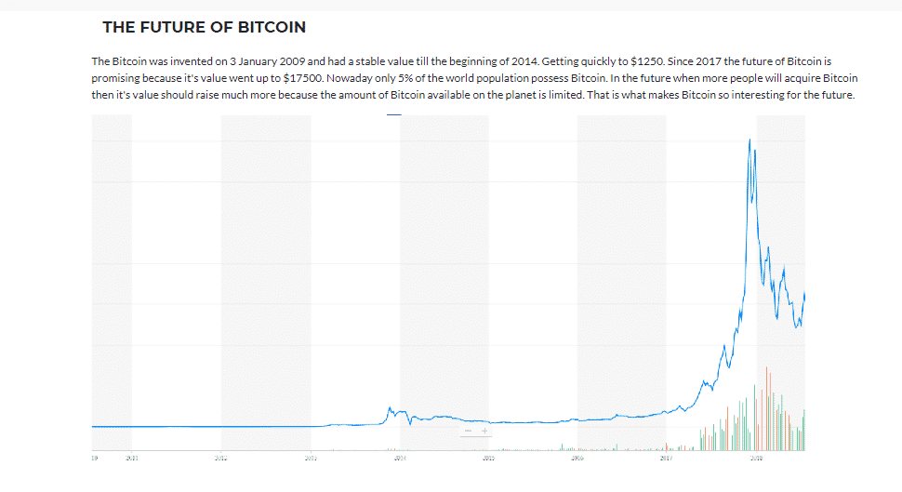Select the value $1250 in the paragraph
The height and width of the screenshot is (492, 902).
tap(645, 60)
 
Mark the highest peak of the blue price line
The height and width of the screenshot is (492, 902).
tap(749, 140)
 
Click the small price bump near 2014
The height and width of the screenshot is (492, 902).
tap(391, 408)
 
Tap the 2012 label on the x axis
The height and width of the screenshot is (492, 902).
tap(221, 458)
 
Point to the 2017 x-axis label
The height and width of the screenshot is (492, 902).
tap(667, 458)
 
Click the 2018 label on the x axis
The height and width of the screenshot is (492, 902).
tap(757, 458)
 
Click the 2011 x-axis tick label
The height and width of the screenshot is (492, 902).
tap(132, 458)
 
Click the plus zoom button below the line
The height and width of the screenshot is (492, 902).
tap(484, 431)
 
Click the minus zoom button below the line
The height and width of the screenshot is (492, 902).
tap(468, 431)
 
